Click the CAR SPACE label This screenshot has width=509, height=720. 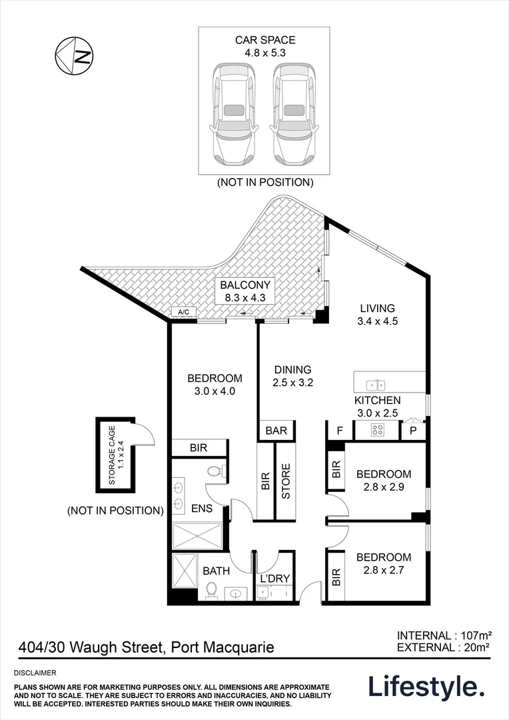pos(264,41)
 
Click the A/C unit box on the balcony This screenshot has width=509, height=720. pos(183,312)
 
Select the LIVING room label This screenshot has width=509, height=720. pos(377,309)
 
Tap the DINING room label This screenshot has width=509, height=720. pos(292,370)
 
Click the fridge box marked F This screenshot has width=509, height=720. pos(339,431)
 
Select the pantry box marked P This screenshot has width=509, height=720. pos(413,431)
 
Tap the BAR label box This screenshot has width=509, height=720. pos(276,431)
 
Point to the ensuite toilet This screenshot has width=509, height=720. pos(215,471)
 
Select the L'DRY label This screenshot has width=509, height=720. pos(275,579)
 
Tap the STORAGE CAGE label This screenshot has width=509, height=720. pos(116,456)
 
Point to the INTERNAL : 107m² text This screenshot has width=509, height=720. pos(443,635)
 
